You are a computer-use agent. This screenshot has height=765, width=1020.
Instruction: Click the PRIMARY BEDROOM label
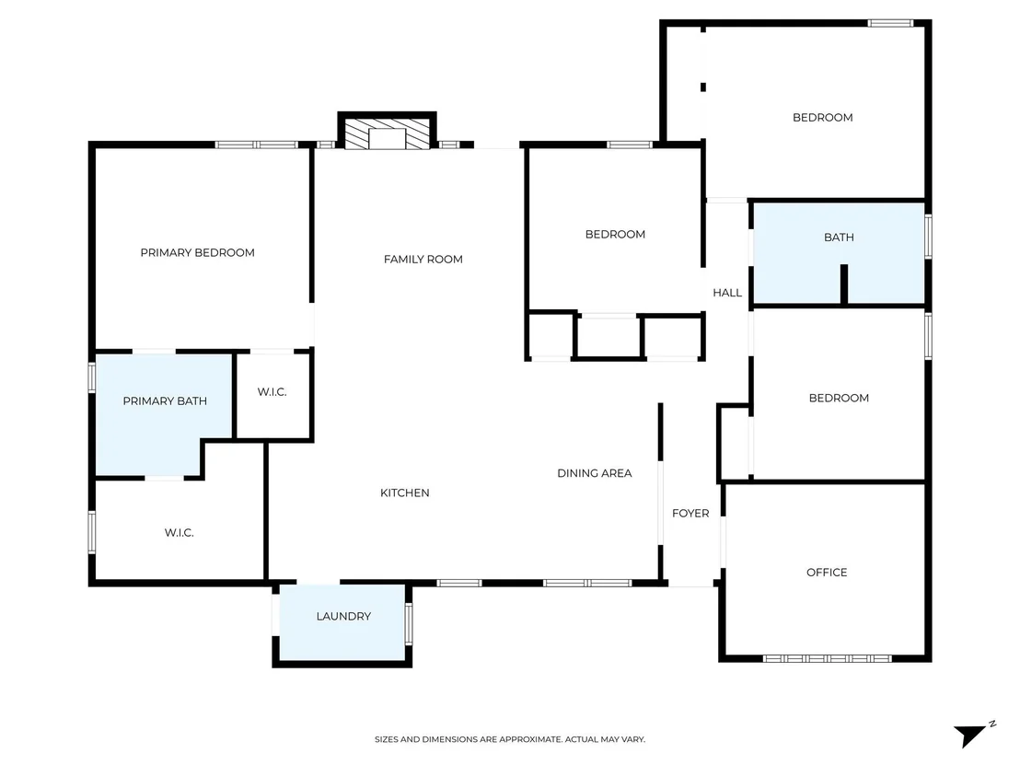pyautogui.click(x=197, y=252)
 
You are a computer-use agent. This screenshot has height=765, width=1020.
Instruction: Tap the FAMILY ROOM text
pyautogui.click(x=423, y=259)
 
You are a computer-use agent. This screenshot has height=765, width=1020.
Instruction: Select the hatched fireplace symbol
pyautogui.click(x=387, y=133)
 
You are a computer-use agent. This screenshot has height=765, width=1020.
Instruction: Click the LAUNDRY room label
pyautogui.click(x=343, y=616)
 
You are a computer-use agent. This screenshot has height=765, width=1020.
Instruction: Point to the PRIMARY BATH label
pyautogui.click(x=165, y=400)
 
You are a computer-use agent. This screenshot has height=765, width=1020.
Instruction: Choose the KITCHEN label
pyautogui.click(x=405, y=493)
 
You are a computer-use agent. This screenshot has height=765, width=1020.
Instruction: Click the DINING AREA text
pyautogui.click(x=595, y=473)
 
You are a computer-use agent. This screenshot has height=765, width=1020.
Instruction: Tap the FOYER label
pyautogui.click(x=690, y=514)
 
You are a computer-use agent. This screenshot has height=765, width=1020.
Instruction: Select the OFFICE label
pyautogui.click(x=827, y=573)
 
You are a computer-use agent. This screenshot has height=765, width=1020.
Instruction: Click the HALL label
pyautogui.click(x=727, y=293)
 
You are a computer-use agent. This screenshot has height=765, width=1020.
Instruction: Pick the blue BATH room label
pyautogui.click(x=839, y=238)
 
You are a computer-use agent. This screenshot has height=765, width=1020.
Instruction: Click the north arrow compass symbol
pyautogui.click(x=970, y=736)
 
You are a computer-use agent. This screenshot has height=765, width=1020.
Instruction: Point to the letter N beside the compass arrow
pyautogui.click(x=992, y=724)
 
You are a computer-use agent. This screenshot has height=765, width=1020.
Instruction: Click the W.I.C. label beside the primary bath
pyautogui.click(x=272, y=391)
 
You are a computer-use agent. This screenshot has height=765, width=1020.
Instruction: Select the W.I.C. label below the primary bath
pyautogui.click(x=179, y=533)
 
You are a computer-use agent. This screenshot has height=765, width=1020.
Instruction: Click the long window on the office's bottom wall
pyautogui.click(x=827, y=658)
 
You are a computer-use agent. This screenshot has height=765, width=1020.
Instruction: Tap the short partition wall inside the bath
pyautogui.click(x=844, y=284)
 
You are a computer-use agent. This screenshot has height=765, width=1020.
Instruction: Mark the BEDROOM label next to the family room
pyautogui.click(x=615, y=234)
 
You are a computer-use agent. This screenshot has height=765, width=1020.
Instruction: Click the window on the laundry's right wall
pyautogui.click(x=409, y=624)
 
